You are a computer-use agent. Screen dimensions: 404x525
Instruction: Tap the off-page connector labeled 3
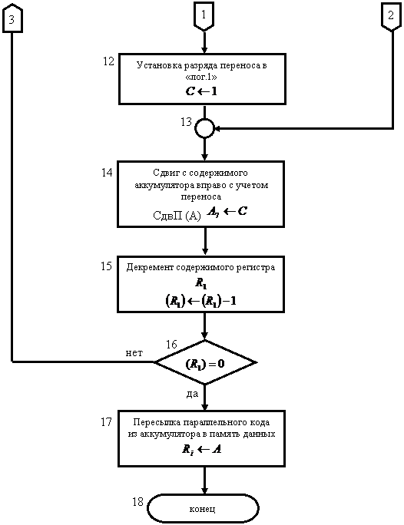click(x=12, y=18)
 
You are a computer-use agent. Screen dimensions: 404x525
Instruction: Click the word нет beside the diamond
click(x=134, y=353)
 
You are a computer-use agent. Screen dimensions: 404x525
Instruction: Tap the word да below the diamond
click(x=192, y=394)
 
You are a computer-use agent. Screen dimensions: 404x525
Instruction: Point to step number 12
click(x=108, y=61)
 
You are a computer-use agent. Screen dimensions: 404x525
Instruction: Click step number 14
click(x=107, y=173)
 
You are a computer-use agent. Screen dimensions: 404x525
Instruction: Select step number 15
click(x=106, y=266)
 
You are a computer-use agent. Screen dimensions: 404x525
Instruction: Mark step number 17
click(x=106, y=421)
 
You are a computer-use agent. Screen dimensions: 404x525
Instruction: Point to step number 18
click(x=137, y=501)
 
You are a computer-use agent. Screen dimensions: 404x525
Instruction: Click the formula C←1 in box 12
click(x=201, y=91)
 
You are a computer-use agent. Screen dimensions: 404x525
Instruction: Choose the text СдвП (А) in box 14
click(x=177, y=215)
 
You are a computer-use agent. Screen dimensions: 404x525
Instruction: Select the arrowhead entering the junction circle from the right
click(x=217, y=128)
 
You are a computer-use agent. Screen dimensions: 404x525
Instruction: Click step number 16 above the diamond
click(x=171, y=344)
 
